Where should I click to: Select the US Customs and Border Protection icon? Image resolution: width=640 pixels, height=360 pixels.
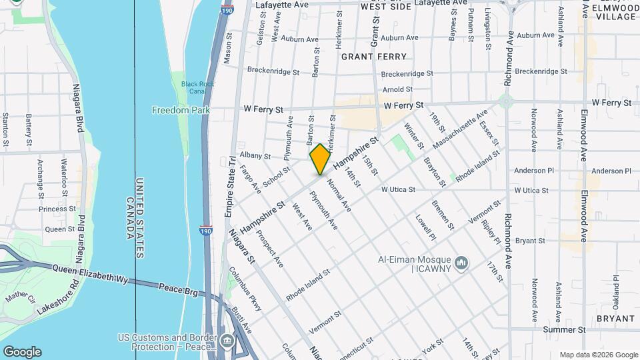tap(228, 341)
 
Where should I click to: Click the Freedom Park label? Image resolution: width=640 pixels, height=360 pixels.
tap(181, 110)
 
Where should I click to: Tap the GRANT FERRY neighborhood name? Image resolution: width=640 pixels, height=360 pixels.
tap(374, 57)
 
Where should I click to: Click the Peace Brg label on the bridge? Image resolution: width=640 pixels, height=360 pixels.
tap(177, 289)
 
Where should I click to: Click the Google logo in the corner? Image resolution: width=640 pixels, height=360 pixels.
tap(22, 352)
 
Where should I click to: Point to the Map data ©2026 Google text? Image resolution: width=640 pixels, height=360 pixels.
tap(598, 355)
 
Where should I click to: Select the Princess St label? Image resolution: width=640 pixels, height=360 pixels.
tap(57, 209)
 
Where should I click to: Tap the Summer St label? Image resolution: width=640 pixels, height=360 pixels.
tap(563, 329)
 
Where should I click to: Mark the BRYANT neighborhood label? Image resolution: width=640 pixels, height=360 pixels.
tap(615, 319)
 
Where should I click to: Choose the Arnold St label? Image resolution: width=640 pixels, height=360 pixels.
tap(397, 89)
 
